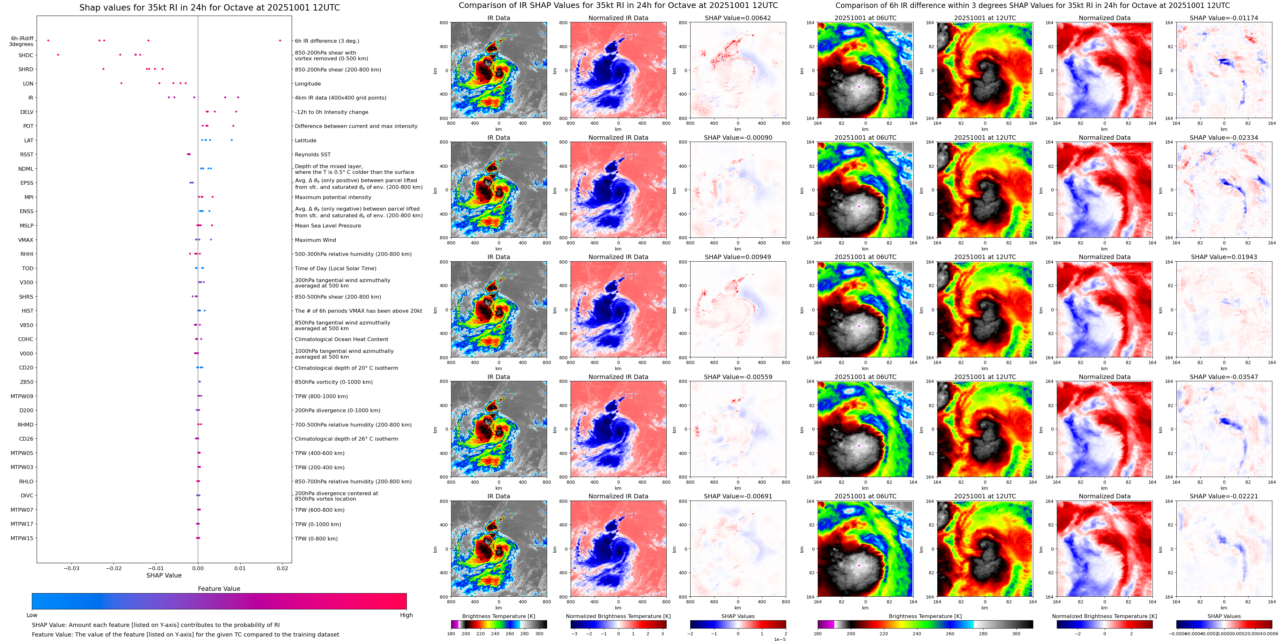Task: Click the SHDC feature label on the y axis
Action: (x=26, y=55)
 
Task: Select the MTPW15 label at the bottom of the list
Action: (x=22, y=538)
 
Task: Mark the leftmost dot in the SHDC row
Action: (x=58, y=55)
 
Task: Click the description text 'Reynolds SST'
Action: (x=312, y=155)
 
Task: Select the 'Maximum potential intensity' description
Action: (x=333, y=198)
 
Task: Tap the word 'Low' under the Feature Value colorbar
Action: (x=32, y=615)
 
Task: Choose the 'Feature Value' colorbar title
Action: (x=219, y=589)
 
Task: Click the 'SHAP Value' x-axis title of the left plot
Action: (x=164, y=575)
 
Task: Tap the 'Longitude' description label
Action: (x=308, y=84)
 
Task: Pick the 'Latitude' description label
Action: (x=306, y=140)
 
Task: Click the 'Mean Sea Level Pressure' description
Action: (x=328, y=226)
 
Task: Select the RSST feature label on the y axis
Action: (x=27, y=155)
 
